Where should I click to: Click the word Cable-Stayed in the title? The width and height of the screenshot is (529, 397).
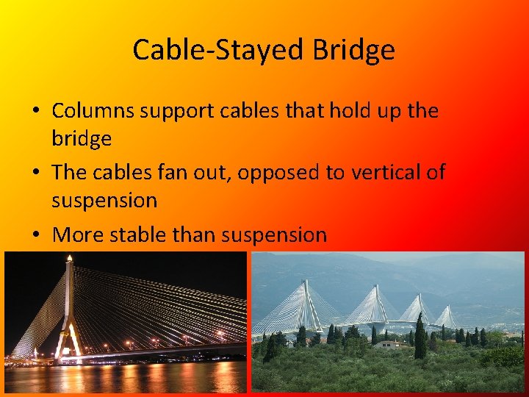click(x=218, y=51)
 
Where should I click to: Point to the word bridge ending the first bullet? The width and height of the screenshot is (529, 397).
click(x=82, y=139)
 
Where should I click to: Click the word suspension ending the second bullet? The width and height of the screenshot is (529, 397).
click(x=104, y=200)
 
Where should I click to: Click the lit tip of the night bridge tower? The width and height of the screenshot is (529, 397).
click(x=69, y=259)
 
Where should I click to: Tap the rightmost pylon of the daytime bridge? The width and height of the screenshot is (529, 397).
click(x=445, y=316)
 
